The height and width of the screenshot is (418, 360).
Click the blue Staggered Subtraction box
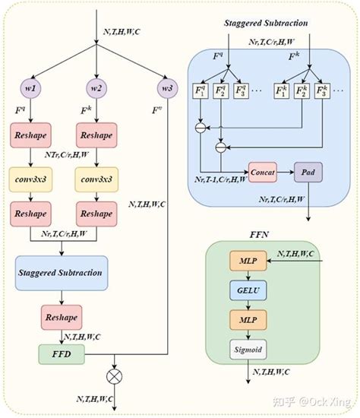coord(60,271)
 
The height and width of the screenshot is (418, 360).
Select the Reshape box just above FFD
coord(60,316)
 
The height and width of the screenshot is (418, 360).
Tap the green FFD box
coord(60,354)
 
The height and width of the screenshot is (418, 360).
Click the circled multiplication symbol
coord(115,375)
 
